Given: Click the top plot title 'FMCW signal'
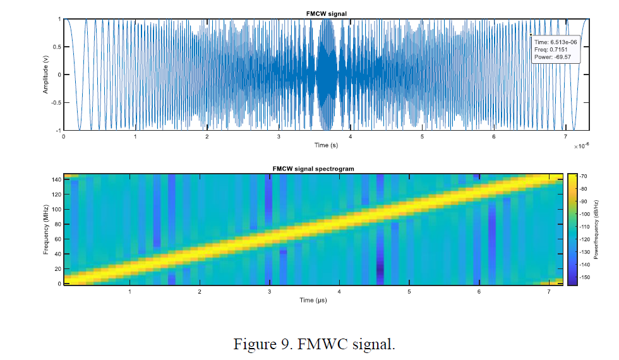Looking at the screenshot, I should [x=326, y=13].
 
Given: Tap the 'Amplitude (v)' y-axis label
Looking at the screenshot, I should [x=45, y=75].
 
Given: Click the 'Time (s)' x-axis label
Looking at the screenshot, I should [x=326, y=145].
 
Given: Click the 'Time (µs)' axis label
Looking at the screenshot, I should [x=313, y=300].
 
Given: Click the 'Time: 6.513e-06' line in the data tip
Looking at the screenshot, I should [x=555, y=42].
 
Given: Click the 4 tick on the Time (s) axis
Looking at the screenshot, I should [x=350, y=136].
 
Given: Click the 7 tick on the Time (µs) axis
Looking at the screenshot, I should [x=549, y=291].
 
